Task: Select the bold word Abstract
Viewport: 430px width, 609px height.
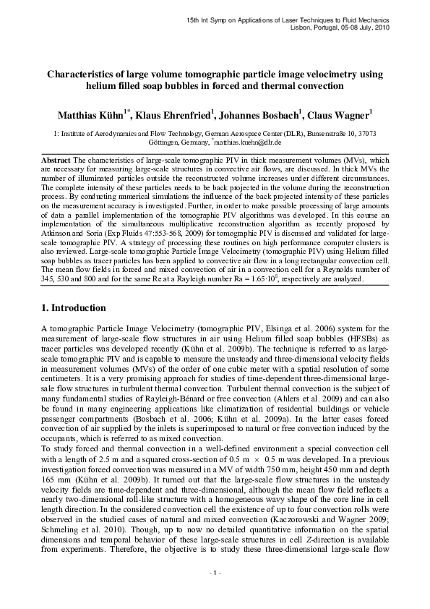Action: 56,159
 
